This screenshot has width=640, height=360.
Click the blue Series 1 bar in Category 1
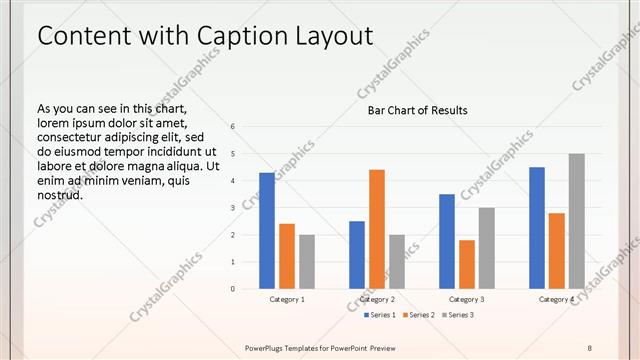click(267, 231)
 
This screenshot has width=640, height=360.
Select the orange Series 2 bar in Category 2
click(377, 229)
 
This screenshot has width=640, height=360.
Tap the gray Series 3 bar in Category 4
click(577, 221)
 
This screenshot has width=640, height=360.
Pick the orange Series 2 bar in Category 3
click(467, 264)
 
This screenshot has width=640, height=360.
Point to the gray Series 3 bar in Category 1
click(307, 262)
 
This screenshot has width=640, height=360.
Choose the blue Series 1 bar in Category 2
click(357, 255)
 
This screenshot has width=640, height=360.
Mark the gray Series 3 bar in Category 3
click(487, 248)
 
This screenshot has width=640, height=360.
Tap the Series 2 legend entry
click(419, 315)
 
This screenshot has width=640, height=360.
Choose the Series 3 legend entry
click(457, 315)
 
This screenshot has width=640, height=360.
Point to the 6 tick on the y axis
click(232, 127)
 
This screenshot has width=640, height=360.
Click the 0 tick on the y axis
click(232, 289)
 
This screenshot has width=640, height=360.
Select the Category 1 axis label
click(287, 299)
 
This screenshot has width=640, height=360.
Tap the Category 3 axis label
click(467, 299)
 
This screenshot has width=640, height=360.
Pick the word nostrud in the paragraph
click(60, 194)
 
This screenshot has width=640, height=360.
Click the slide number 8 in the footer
click(590, 347)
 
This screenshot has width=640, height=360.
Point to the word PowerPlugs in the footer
click(267, 347)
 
